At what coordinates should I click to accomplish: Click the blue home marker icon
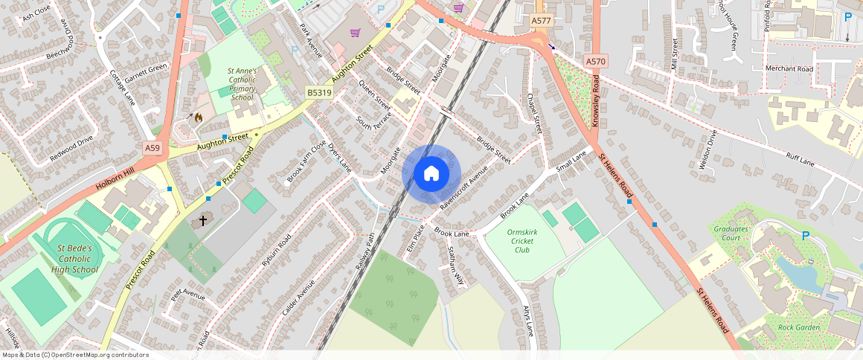coord(431,174)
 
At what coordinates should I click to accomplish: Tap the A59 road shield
coord(153,148)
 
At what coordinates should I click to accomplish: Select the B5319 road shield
coord(319,92)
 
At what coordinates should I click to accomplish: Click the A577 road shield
coord(542,21)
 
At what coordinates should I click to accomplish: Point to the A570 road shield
coord(596,61)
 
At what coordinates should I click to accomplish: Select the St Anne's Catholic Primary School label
coord(243,84)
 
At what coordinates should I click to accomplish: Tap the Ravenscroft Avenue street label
coord(463,186)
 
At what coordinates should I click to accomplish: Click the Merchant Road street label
coord(789,68)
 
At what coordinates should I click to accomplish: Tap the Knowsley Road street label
coord(595,100)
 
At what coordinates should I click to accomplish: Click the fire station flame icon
coord(198,118)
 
